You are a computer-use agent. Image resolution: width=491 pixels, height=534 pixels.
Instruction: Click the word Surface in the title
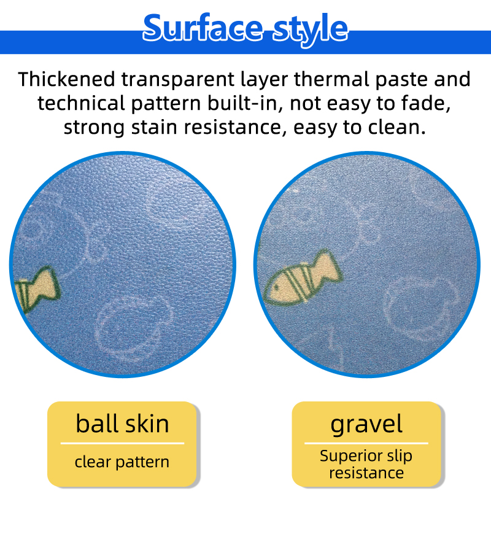tap(203, 28)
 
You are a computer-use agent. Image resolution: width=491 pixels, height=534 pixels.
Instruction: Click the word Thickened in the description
tap(67, 79)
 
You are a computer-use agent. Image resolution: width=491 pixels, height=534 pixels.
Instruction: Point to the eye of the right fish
tap(276, 288)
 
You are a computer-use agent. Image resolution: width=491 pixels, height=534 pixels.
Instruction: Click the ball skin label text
tap(122, 424)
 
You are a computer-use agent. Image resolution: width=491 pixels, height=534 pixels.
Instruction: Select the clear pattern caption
tap(122, 462)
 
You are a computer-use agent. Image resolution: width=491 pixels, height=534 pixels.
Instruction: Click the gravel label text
tap(366, 425)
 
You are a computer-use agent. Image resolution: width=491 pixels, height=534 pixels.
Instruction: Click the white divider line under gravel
tap(366, 443)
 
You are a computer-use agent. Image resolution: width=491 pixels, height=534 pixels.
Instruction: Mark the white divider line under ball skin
tap(122, 443)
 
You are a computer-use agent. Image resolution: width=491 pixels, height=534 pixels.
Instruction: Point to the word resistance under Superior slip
tap(366, 473)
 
